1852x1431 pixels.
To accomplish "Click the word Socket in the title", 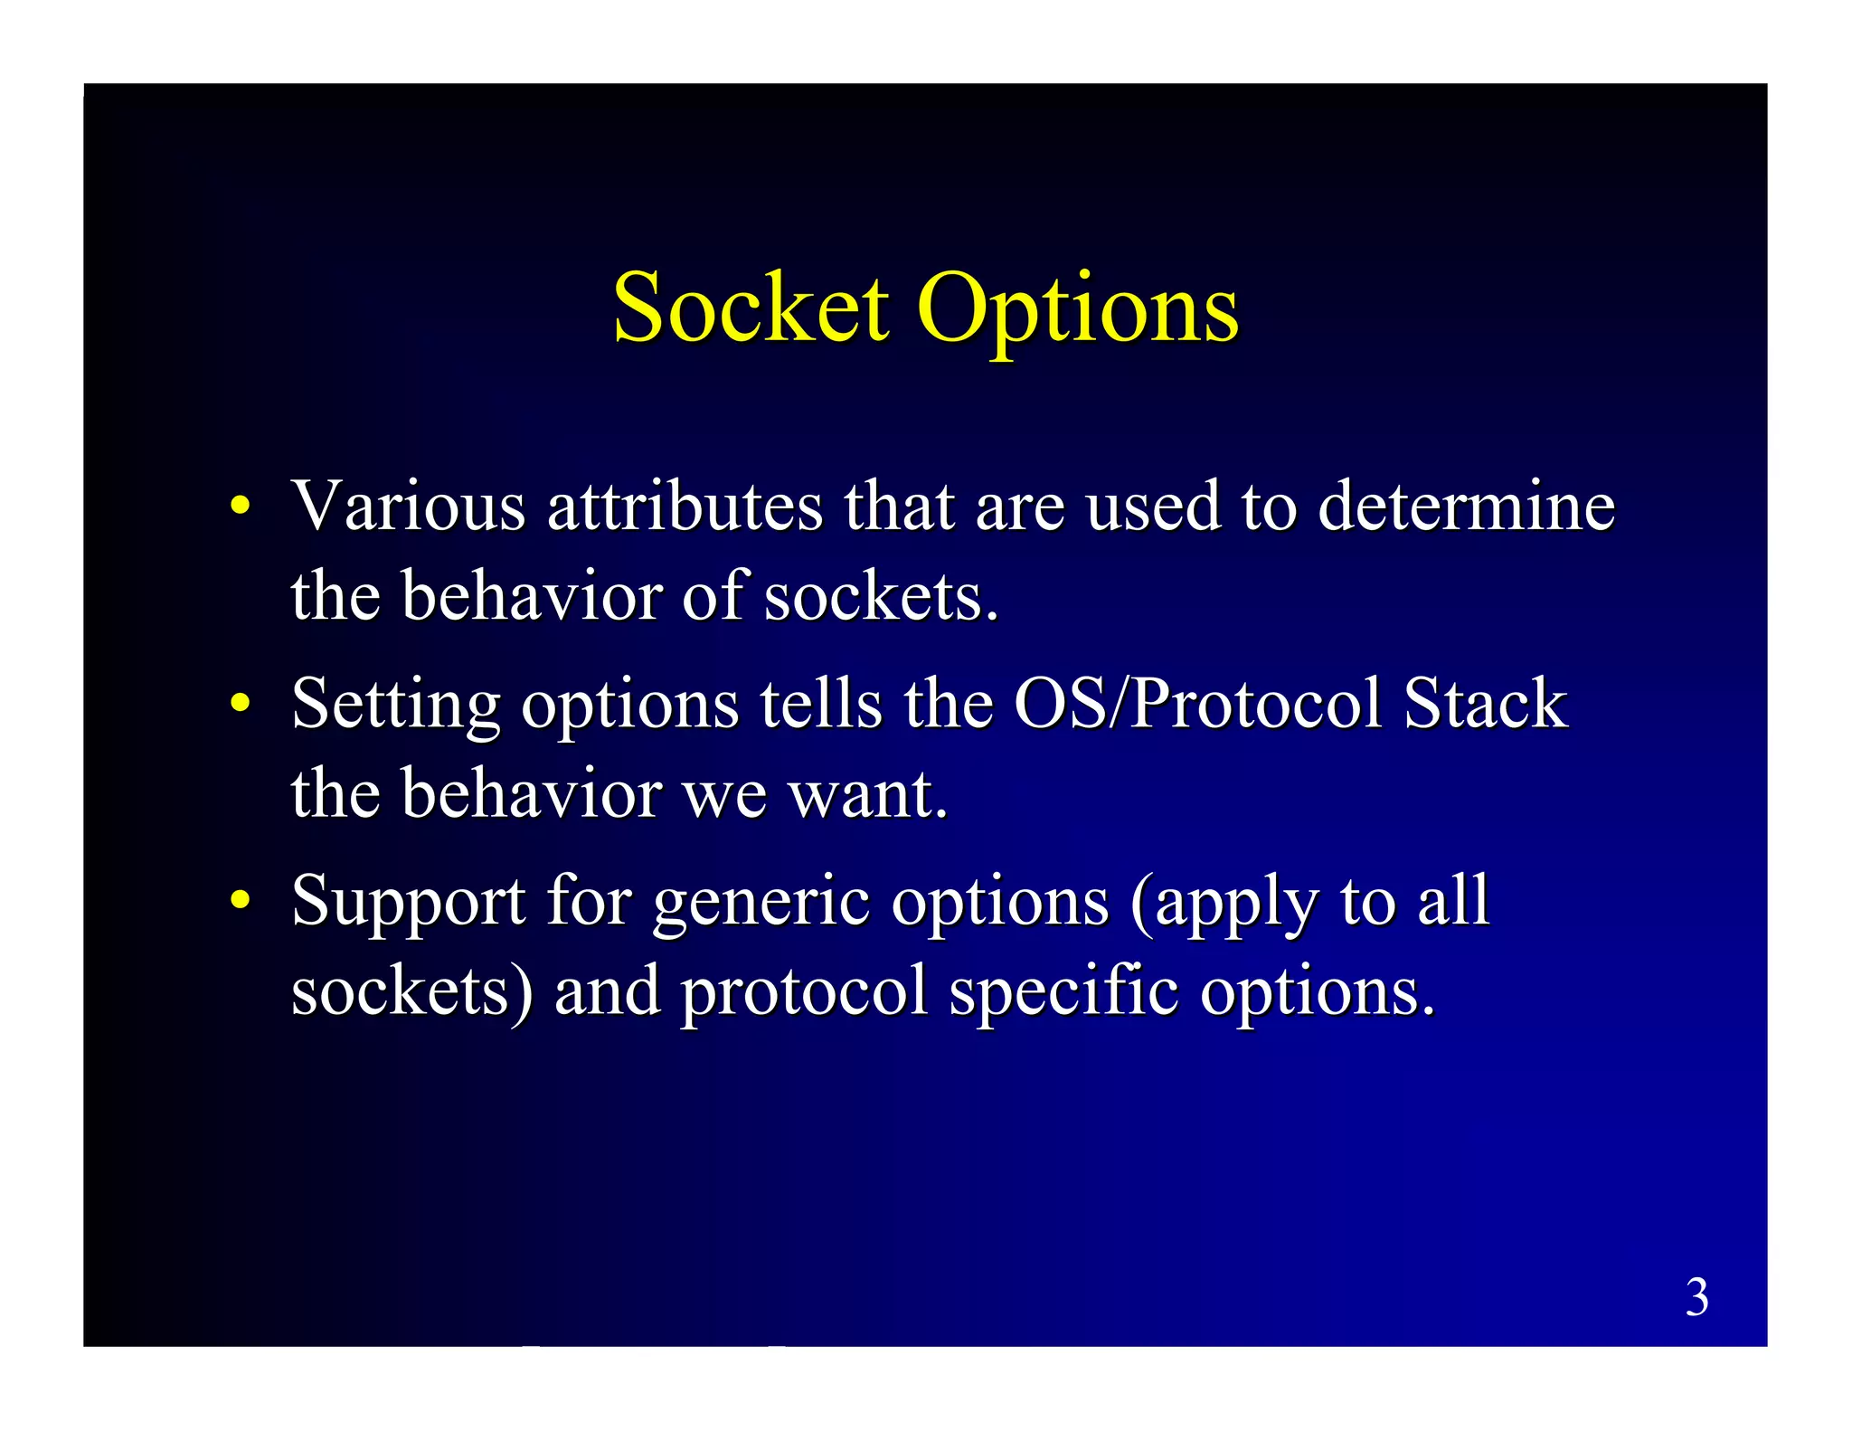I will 751,309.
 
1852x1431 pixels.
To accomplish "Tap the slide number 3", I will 1696,1297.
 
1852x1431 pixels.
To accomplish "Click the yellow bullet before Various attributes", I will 239,507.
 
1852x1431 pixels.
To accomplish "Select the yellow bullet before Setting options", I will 239,704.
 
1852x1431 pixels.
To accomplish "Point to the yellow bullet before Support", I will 239,901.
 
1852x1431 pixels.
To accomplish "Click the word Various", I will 408,507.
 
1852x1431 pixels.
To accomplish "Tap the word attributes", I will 685,507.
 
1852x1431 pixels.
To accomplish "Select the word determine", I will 1466,507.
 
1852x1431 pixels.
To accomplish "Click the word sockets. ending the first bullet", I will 881,597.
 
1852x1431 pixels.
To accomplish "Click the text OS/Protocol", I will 1197,704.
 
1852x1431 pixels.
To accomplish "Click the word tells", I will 820,704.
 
